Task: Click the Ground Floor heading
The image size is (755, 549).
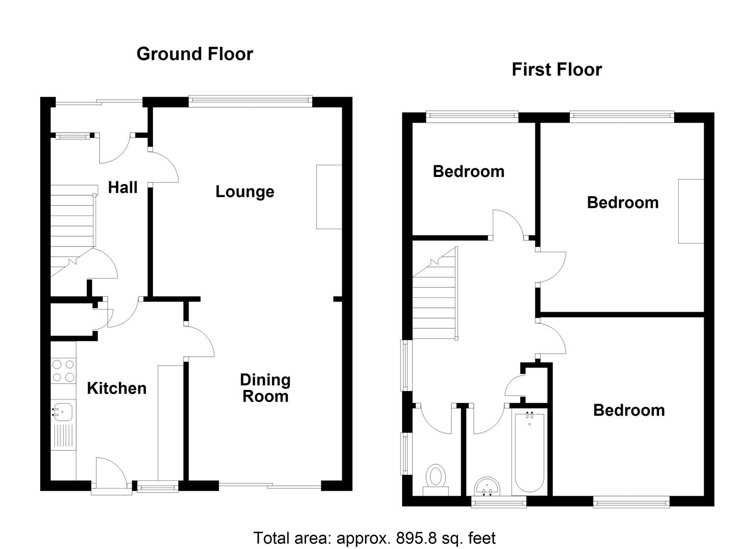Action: (x=195, y=54)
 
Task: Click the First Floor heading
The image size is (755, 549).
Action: (x=557, y=70)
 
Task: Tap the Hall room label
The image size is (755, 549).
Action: (x=123, y=187)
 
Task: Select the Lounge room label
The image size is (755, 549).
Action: (x=245, y=192)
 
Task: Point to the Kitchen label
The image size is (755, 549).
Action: (x=116, y=388)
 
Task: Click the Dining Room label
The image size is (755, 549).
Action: (x=265, y=388)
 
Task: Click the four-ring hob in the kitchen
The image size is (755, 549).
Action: (x=64, y=371)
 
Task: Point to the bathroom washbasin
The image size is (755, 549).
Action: (x=487, y=486)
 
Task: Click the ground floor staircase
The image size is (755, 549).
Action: (x=73, y=231)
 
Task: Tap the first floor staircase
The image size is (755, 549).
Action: (x=435, y=293)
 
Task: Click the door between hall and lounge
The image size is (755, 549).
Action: (x=163, y=167)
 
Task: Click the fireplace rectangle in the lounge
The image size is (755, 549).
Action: (x=329, y=197)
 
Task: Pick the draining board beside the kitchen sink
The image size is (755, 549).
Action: (x=64, y=436)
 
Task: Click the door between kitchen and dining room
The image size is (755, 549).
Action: (x=199, y=342)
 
